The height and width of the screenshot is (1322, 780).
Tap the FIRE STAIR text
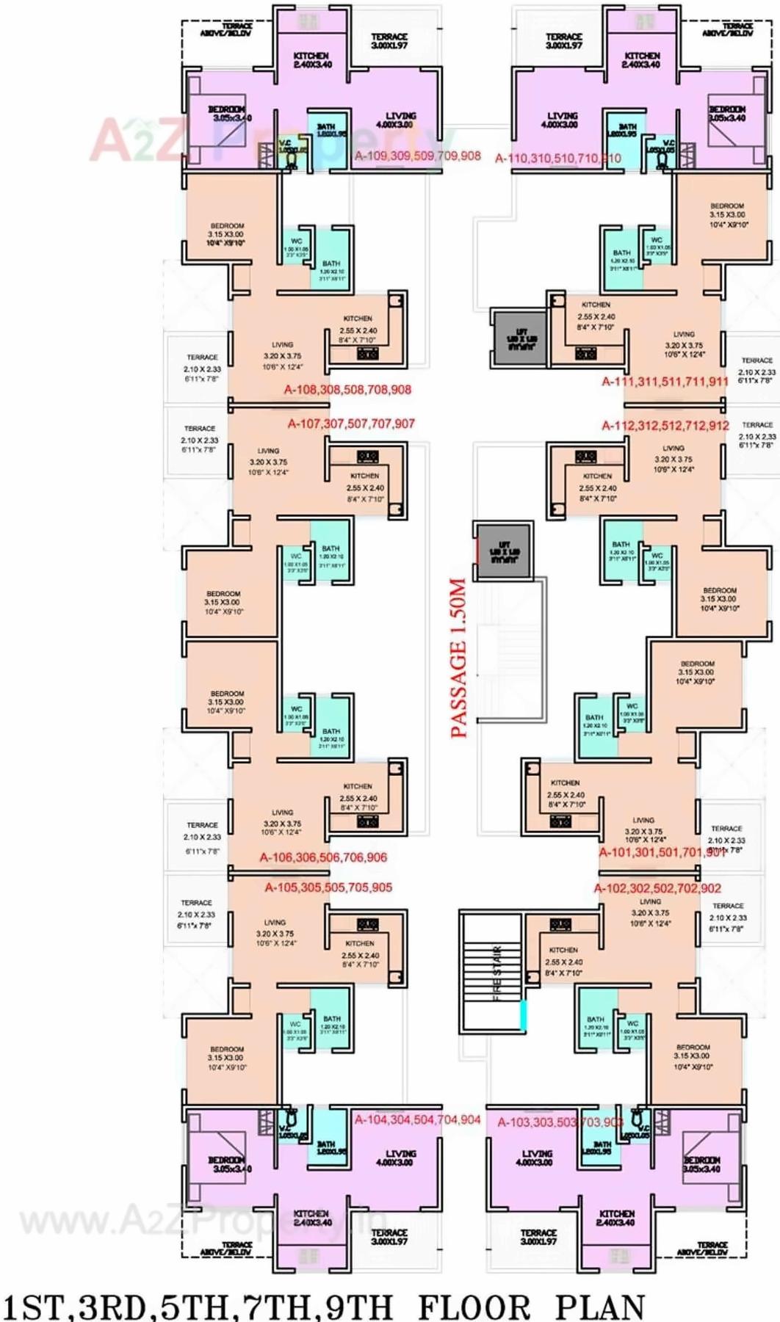(496, 973)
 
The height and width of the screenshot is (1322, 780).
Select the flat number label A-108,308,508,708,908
(347, 390)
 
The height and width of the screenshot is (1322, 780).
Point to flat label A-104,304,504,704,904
(417, 1119)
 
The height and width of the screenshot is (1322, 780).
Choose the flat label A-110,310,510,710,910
(557, 158)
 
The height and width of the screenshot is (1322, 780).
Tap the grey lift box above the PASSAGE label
(503, 552)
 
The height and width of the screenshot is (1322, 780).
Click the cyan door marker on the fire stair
(524, 1015)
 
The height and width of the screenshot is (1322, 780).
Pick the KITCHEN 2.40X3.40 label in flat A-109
(312, 60)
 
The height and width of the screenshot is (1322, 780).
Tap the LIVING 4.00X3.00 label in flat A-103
(537, 1158)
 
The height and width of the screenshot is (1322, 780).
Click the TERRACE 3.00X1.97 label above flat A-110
(563, 41)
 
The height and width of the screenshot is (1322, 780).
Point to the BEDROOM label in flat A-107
(223, 602)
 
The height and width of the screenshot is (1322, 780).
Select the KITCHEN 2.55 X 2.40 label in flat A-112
(597, 482)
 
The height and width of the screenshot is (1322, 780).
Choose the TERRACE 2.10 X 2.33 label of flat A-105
(196, 914)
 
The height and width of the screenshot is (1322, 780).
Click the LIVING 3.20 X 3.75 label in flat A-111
(684, 344)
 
